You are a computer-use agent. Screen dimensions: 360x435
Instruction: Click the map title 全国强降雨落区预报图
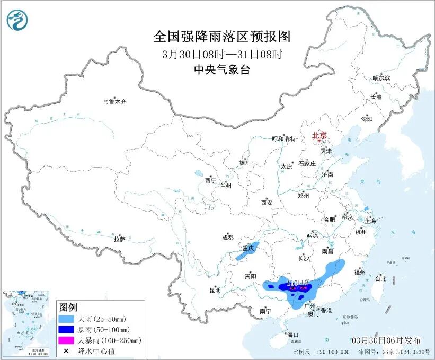[x=222, y=37]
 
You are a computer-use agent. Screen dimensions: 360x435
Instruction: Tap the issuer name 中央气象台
[x=222, y=69]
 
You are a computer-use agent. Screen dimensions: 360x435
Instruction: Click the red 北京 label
[x=320, y=136]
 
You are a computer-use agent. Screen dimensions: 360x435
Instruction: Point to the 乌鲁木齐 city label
[x=115, y=101]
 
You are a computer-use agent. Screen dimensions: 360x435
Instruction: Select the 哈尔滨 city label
[x=380, y=78]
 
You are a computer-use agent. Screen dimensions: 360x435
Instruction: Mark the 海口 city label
[x=292, y=335]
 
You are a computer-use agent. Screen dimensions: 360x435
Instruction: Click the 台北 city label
[x=380, y=278]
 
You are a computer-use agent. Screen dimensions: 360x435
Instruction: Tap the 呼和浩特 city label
[x=283, y=138]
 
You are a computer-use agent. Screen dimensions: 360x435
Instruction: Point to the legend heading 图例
[x=68, y=308]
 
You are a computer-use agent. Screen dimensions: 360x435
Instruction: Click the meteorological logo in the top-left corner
[x=17, y=20]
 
